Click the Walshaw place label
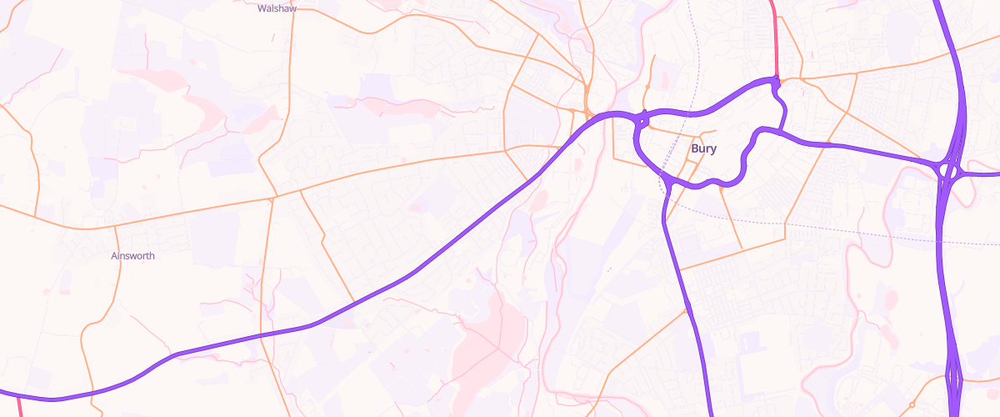tap(277, 9)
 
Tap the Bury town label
tap(704, 148)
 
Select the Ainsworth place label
tap(132, 256)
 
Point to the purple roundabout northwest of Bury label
tap(642, 119)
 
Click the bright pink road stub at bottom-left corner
tap(19, 406)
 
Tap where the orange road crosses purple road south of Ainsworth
tap(172, 356)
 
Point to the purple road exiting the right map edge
tap(992, 174)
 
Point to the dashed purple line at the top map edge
tap(691, 3)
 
